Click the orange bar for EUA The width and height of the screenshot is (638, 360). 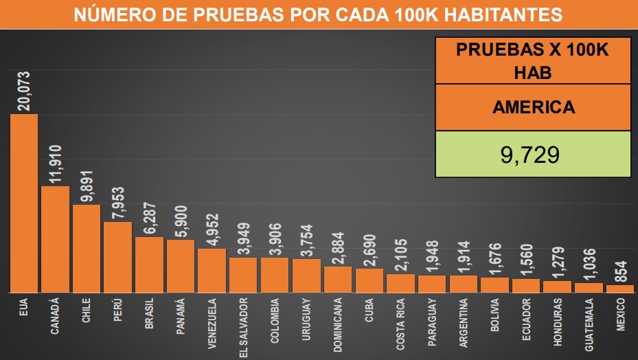[x=23, y=203]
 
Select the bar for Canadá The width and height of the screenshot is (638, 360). [x=55, y=239]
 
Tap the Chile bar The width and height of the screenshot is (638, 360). [x=87, y=249]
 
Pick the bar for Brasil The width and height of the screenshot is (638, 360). [x=149, y=265]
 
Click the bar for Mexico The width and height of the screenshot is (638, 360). [x=620, y=289]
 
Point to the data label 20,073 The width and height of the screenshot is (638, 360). [x=23, y=91]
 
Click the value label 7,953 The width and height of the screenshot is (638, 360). [x=118, y=202]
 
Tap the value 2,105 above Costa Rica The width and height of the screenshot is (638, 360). [x=400, y=255]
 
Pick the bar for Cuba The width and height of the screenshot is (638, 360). [x=369, y=280]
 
